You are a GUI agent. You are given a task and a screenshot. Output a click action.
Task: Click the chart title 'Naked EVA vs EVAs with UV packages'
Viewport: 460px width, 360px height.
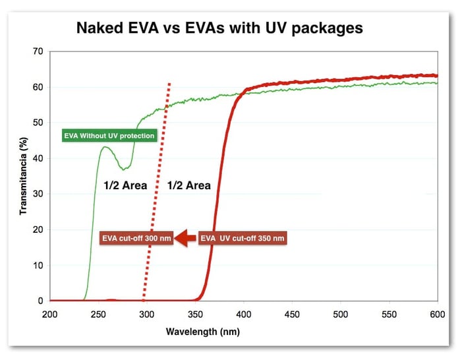pos(219,29)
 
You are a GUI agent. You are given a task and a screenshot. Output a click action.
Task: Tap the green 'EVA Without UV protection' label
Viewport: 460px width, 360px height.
pos(109,136)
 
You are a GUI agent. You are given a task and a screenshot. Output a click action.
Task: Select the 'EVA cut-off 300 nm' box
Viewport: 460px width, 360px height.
pos(136,238)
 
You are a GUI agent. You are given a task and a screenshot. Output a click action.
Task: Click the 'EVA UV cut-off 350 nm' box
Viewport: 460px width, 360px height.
pos(243,238)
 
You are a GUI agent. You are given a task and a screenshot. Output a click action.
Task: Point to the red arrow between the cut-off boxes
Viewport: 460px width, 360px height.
pos(185,238)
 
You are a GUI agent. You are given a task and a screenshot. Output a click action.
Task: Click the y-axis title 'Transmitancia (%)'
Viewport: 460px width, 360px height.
pos(24,176)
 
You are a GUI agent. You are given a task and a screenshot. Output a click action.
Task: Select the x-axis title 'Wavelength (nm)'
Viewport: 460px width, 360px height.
pos(203,332)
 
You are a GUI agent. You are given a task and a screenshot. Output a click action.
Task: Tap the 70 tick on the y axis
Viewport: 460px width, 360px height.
pos(38,51)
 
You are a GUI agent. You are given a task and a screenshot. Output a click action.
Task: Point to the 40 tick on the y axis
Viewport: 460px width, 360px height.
pos(38,158)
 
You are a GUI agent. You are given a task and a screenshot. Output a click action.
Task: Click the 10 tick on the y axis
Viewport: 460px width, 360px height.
pos(38,266)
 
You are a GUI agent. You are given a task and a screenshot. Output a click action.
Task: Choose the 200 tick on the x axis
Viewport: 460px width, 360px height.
pos(50,315)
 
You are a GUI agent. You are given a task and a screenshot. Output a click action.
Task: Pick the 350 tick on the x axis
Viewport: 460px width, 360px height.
pos(195,315)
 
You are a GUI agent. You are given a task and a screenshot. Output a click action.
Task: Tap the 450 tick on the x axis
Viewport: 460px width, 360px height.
pos(292,315)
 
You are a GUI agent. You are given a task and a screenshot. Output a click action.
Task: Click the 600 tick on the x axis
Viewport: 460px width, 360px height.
pos(438,315)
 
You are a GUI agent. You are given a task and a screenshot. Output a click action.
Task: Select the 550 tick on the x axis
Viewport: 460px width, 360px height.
pos(389,315)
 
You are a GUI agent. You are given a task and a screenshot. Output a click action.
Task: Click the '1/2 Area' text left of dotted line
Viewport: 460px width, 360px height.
pos(125,185)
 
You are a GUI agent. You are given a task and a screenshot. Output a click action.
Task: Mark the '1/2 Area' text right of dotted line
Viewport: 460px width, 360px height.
pos(189,185)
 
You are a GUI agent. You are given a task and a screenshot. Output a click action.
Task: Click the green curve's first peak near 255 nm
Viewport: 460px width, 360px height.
pos(104,146)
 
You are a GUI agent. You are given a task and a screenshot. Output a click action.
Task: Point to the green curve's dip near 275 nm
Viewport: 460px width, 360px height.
pos(124,169)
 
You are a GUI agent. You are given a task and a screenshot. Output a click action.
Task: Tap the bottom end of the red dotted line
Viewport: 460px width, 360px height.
pos(144,301)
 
